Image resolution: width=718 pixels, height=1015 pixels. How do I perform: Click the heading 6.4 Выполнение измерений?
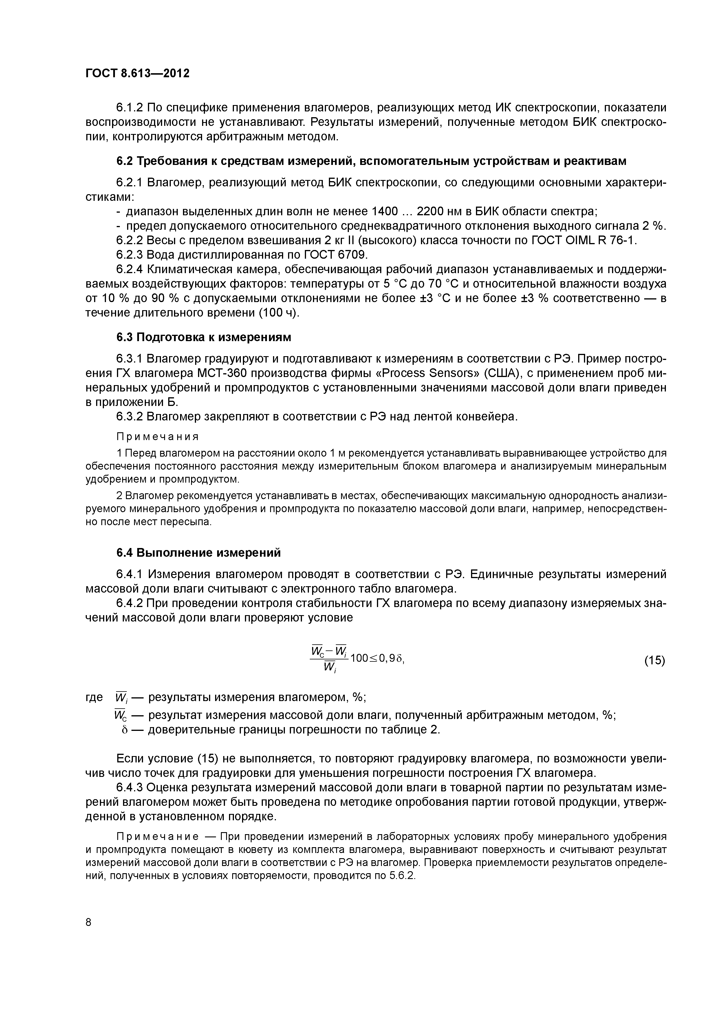tap(199, 553)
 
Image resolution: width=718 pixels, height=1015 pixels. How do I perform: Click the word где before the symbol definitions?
tap(94, 697)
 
